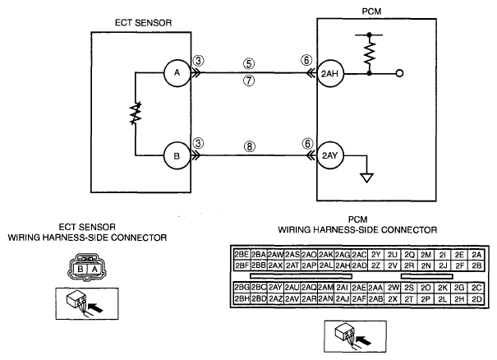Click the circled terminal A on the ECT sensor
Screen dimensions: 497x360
(x=177, y=73)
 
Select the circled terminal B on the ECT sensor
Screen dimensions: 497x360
(x=177, y=155)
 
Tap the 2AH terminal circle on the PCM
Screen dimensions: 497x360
(x=330, y=74)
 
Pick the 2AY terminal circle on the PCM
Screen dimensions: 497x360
(x=330, y=155)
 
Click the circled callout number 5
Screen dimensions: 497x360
(x=249, y=63)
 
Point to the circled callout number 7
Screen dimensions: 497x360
(x=249, y=81)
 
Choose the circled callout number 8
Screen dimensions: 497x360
(x=250, y=146)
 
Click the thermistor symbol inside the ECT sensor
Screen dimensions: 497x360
(x=136, y=113)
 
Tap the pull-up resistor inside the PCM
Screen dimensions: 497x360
(x=370, y=53)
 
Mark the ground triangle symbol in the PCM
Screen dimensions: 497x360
(x=366, y=178)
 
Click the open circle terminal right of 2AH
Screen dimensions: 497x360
(x=400, y=74)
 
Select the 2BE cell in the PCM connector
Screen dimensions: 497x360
(x=242, y=254)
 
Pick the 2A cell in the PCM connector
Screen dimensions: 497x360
(x=476, y=255)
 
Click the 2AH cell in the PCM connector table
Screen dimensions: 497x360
(x=343, y=265)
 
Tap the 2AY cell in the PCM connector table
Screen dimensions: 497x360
(x=275, y=288)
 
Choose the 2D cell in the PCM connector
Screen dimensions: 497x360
(x=476, y=299)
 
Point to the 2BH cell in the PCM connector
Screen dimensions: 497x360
(x=242, y=299)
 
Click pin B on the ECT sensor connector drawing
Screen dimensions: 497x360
(x=81, y=270)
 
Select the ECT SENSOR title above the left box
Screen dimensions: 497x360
(x=143, y=23)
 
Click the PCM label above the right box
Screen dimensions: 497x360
(x=371, y=12)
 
